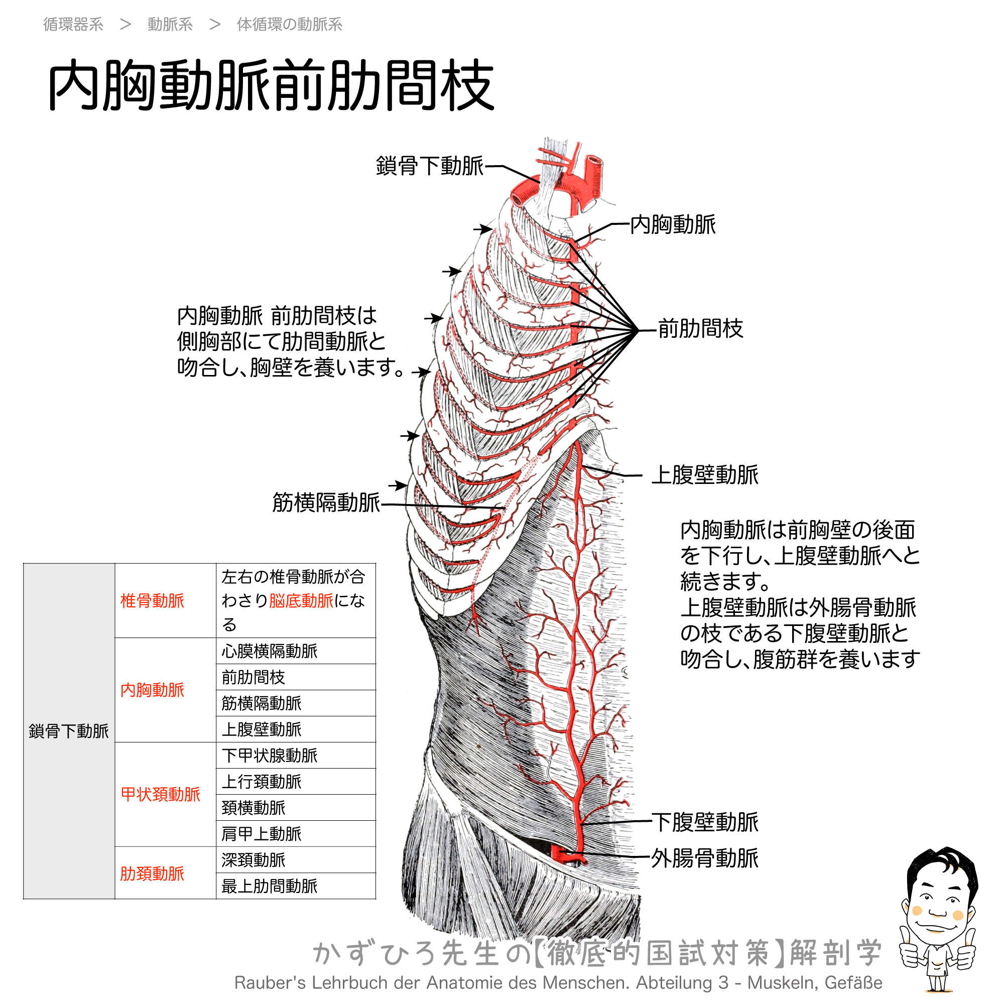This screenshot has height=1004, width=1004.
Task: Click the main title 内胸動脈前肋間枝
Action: pyautogui.click(x=271, y=85)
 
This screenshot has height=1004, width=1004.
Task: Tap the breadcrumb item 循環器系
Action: pyautogui.click(x=73, y=25)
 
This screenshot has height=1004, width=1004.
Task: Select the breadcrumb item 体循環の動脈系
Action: pyautogui.click(x=290, y=25)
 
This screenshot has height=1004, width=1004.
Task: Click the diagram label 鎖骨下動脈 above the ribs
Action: pyautogui.click(x=430, y=166)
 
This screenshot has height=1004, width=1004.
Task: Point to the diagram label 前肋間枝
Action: pyautogui.click(x=700, y=328)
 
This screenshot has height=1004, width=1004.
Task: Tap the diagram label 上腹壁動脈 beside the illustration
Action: pyautogui.click(x=705, y=474)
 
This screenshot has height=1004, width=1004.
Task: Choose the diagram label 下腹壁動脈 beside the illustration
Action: pyautogui.click(x=705, y=822)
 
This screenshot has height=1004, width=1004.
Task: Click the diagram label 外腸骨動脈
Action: pyautogui.click(x=705, y=858)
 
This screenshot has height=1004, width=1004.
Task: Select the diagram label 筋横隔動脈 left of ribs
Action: pyautogui.click(x=326, y=503)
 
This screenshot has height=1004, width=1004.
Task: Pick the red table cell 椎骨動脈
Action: pyautogui.click(x=152, y=601)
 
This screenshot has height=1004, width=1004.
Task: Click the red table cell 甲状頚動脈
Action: pyautogui.click(x=160, y=794)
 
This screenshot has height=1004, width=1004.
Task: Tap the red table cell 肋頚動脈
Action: pyautogui.click(x=152, y=873)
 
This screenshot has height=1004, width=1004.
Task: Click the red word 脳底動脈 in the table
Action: pyautogui.click(x=301, y=601)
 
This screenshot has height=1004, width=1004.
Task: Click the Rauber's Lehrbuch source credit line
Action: pyautogui.click(x=558, y=983)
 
